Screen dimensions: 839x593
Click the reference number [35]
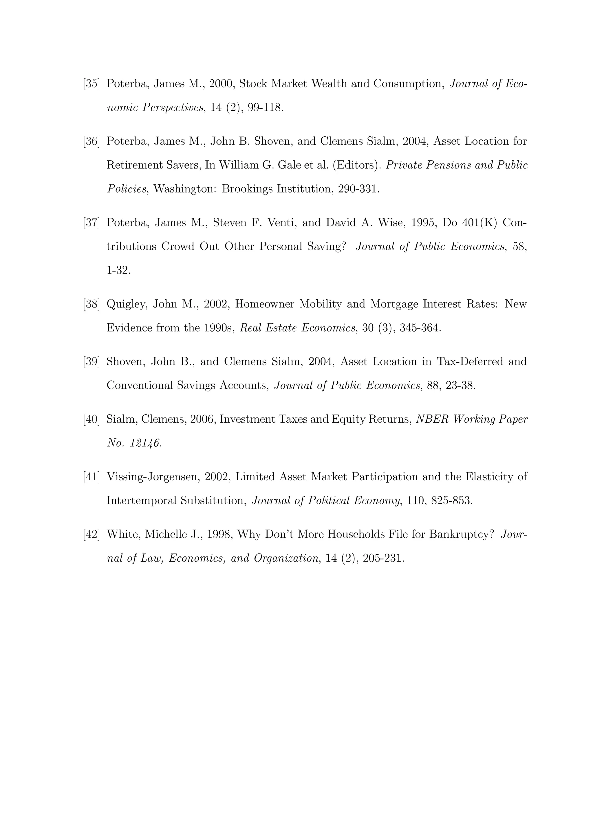pos(91,84)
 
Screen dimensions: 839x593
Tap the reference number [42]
pos(91,535)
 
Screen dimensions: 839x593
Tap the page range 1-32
pos(118,270)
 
